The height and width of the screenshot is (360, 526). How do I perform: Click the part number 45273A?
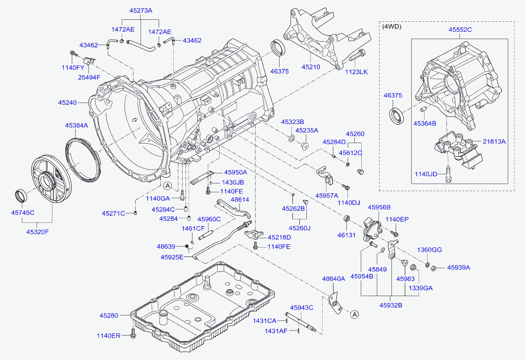[141, 10]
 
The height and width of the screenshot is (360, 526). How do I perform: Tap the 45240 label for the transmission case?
[67, 103]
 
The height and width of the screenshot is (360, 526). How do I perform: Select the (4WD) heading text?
[392, 27]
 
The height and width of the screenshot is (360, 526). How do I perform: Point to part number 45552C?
[460, 30]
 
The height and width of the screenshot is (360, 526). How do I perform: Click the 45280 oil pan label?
[109, 315]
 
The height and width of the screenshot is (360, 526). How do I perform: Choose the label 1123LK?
[357, 72]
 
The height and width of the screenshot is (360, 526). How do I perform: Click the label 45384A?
[76, 126]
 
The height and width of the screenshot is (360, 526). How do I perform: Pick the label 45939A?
[459, 267]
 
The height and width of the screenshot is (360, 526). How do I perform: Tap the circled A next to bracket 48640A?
[354, 313]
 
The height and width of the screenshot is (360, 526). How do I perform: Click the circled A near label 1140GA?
[167, 186]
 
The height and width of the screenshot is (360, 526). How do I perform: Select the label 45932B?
[391, 305]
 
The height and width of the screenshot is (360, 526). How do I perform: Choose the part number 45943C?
[302, 308]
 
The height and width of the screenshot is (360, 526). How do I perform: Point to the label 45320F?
[38, 231]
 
